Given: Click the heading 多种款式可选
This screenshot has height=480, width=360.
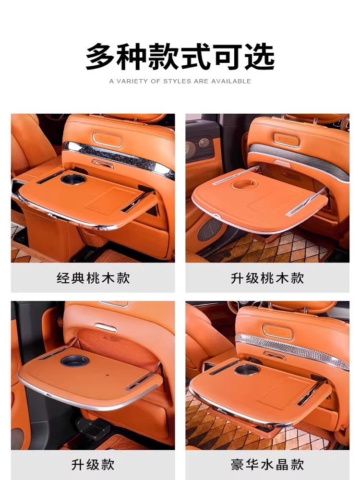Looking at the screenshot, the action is [x=180, y=57].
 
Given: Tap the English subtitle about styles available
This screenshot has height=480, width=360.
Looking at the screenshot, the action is [x=180, y=81].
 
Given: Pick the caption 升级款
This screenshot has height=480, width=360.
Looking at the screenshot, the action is [x=93, y=464].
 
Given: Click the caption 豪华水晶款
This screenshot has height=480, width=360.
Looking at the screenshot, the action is [x=267, y=464].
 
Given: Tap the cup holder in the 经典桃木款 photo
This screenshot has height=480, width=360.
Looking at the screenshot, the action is [x=73, y=179].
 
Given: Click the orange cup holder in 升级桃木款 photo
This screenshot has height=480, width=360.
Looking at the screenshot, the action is [x=244, y=184].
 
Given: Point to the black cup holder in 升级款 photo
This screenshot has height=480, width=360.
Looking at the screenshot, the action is [x=75, y=361].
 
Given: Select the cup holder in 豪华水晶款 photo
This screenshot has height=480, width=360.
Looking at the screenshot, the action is [x=247, y=370].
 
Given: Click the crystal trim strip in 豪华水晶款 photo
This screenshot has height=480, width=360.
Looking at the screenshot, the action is [x=292, y=350].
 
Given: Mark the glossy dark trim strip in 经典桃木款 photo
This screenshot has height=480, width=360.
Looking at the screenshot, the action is [x=119, y=158].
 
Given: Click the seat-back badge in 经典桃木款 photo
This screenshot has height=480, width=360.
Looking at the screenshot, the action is [x=107, y=140].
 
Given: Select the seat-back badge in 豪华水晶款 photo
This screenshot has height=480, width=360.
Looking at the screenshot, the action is [x=277, y=332].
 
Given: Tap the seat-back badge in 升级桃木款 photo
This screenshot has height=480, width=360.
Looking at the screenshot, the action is [x=286, y=140].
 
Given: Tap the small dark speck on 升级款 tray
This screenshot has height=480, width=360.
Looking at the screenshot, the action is [x=108, y=374].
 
